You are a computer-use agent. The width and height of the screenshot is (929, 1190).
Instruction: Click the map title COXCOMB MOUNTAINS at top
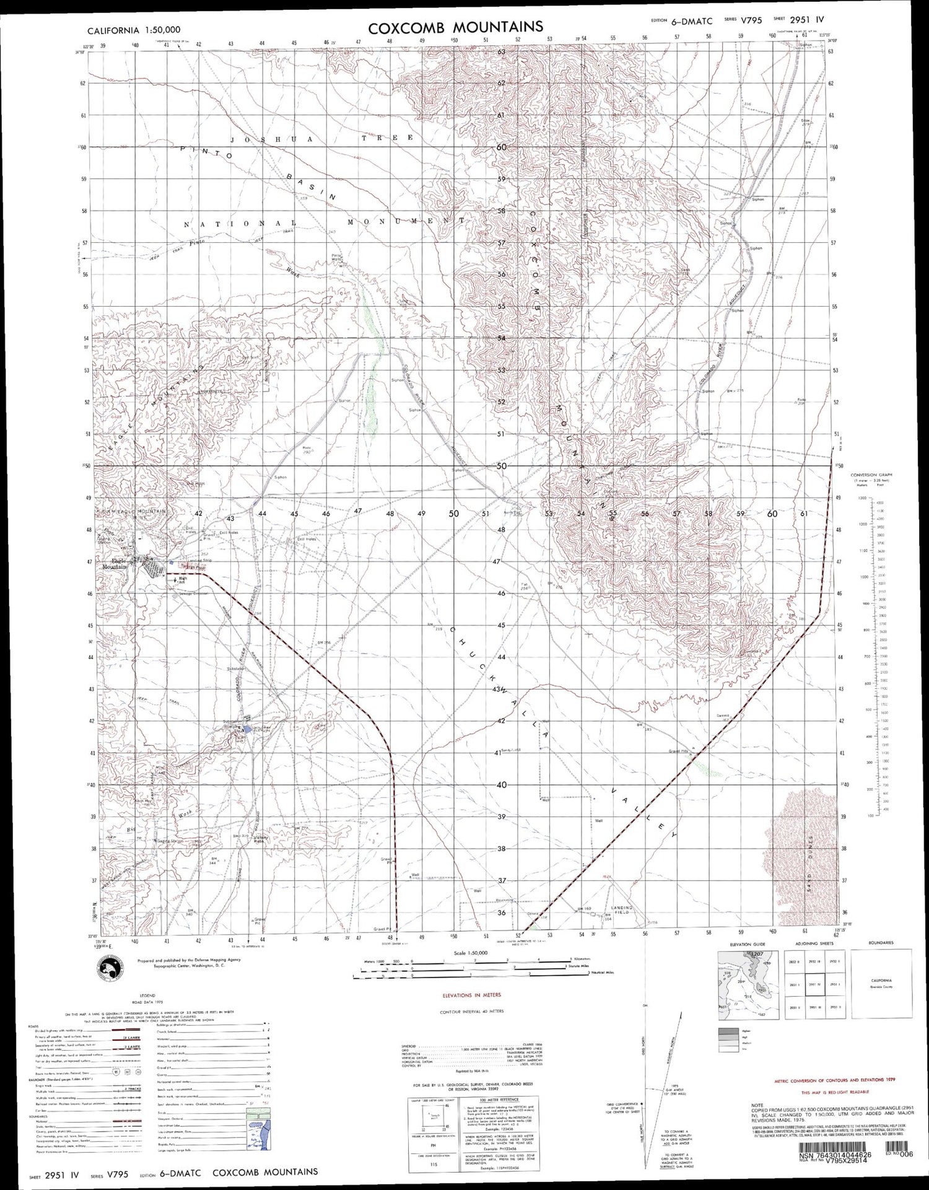(456, 27)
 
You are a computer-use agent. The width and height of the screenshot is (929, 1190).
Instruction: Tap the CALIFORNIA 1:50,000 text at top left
(134, 30)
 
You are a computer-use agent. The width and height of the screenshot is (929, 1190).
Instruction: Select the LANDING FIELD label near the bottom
(621, 910)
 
